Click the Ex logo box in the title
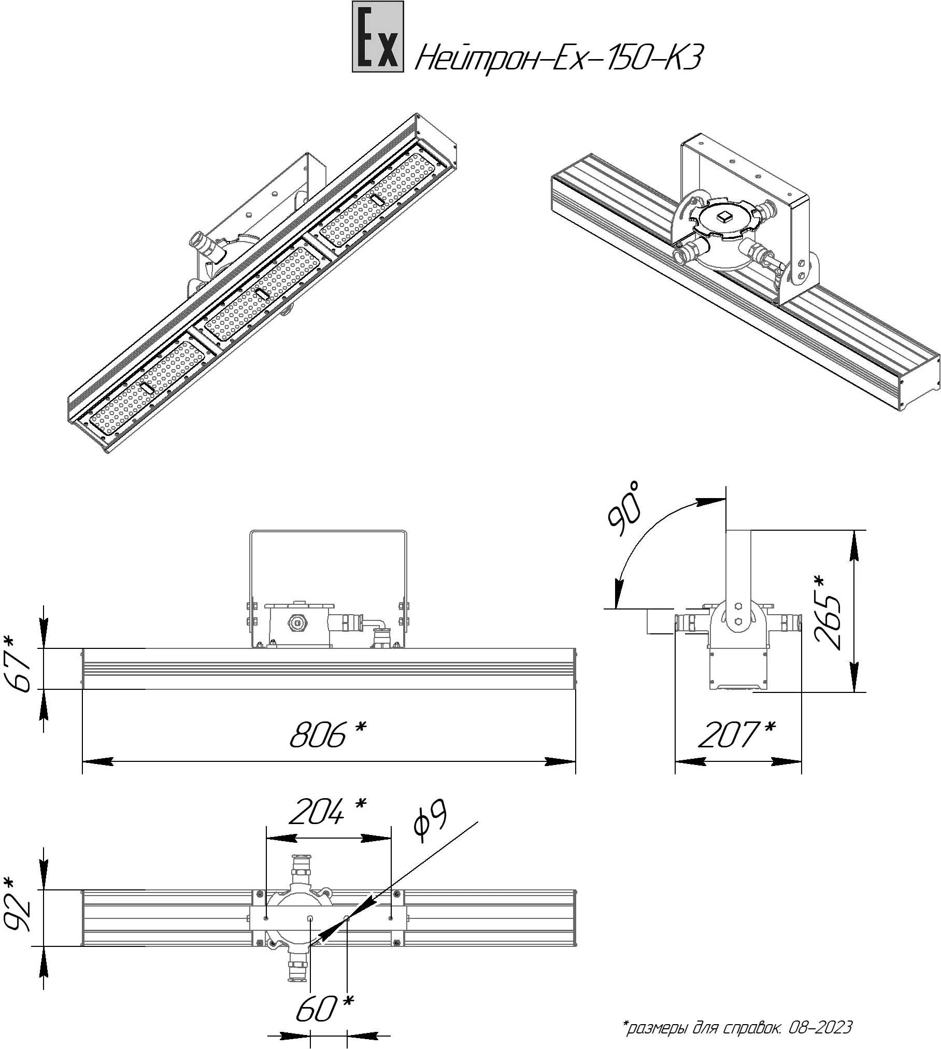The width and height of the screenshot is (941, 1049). coord(378,36)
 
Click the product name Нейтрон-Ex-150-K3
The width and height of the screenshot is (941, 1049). coord(558,59)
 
